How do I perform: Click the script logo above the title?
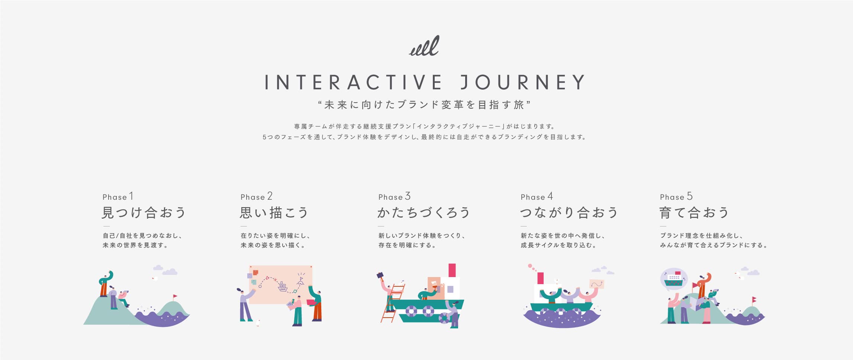[x=424, y=46]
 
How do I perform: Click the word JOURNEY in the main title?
[x=523, y=82]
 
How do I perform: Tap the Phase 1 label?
[x=118, y=196]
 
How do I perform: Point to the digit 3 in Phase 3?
[x=408, y=196]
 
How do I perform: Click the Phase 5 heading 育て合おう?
[x=694, y=213]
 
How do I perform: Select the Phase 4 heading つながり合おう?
[x=569, y=213]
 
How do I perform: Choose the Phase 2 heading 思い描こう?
[x=274, y=213]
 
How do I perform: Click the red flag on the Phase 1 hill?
[x=175, y=296]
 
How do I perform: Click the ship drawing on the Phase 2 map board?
[x=283, y=286]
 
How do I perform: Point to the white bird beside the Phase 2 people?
[x=258, y=322]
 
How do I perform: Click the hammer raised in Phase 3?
[x=380, y=276]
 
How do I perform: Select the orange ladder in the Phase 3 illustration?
[x=393, y=303]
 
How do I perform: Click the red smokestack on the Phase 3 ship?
[x=452, y=270]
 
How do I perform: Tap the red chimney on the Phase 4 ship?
[x=541, y=278]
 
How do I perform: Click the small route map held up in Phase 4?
[x=597, y=284]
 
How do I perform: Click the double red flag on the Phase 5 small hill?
[x=754, y=299]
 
